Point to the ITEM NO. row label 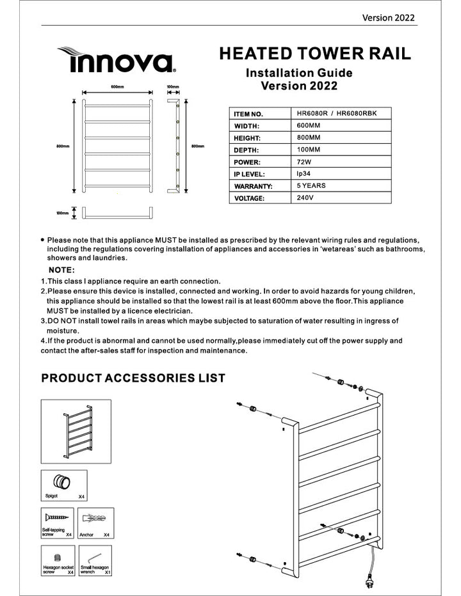click(250, 114)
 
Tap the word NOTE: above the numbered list click(62, 270)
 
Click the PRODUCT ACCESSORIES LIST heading click(133, 378)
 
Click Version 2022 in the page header click(389, 17)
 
